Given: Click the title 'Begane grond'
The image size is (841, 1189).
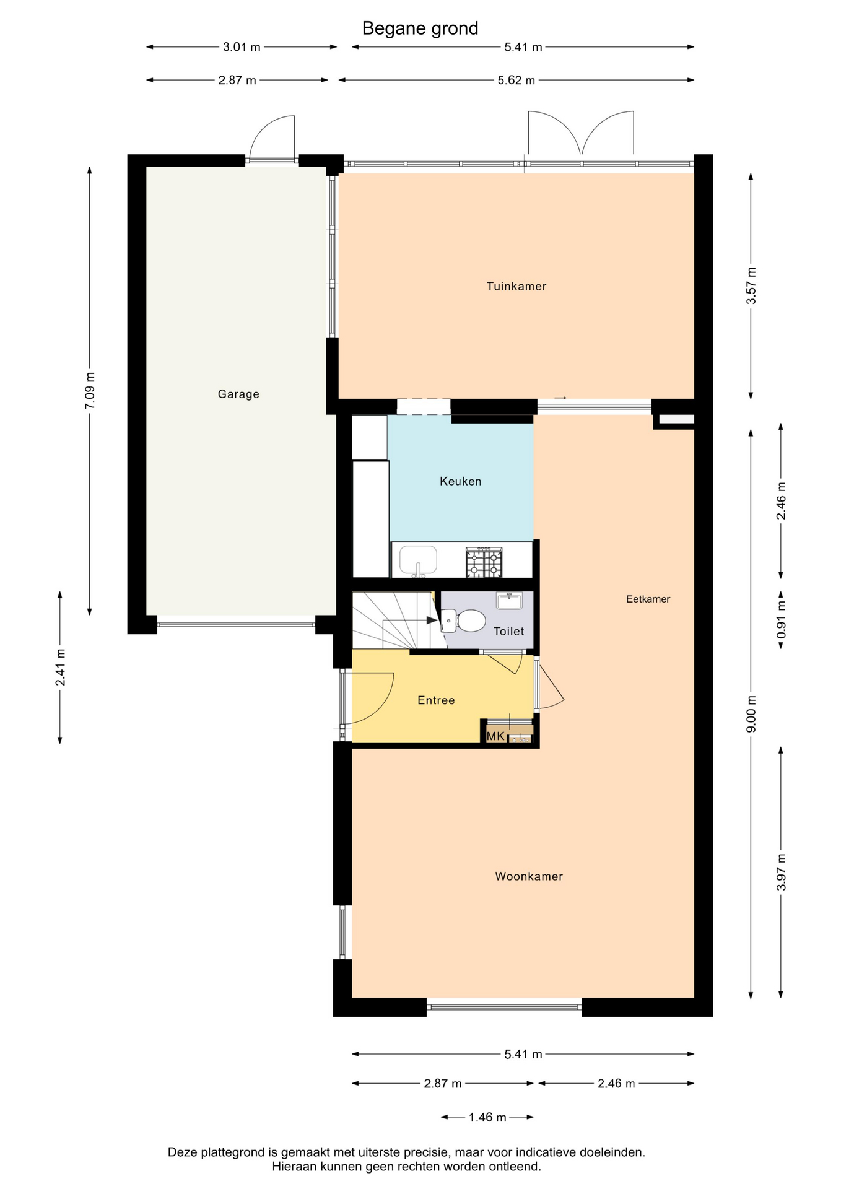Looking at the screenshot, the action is pos(420,28).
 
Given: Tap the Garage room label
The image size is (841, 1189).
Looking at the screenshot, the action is pos(238,394).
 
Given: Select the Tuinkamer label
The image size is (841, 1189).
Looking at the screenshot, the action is pos(516,286).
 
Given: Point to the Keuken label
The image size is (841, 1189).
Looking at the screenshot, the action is pos(460,481).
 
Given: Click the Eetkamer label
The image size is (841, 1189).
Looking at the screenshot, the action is pos(648,599).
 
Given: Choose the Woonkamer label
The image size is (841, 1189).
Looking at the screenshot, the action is pos(529,876).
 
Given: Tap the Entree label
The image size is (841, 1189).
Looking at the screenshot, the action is pos(436,700).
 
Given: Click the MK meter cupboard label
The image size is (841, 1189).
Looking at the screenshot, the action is pos(495,736).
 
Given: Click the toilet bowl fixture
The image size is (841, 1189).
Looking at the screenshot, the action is pos(464,621).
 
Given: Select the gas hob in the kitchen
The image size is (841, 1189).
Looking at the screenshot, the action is pos(484,562).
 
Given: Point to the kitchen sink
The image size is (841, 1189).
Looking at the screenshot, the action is pos(418,560).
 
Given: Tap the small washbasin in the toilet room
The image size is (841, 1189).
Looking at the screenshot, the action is pos(509,601).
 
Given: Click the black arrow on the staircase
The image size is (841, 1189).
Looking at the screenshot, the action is pos(432,620).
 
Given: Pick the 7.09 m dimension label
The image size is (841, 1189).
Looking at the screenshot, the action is pos(90,390).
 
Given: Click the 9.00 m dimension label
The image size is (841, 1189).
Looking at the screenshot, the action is pos(751,714).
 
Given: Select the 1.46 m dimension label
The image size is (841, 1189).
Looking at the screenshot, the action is pos(487,1117).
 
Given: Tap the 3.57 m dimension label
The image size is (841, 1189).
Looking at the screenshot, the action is pos(751,285).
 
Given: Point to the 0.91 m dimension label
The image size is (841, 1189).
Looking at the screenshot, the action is pos(781,619).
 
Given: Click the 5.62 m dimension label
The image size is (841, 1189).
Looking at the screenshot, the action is pos(516,80).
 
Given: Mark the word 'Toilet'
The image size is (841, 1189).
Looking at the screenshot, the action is pos(508,631).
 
